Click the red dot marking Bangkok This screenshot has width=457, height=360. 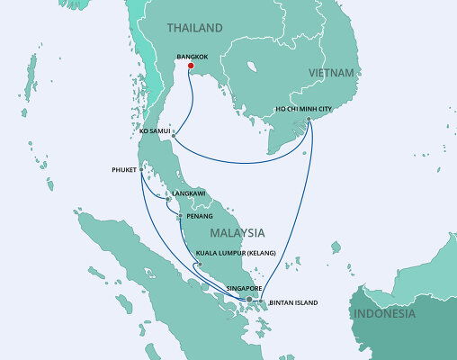point(190,65)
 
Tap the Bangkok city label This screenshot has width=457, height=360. point(194,56)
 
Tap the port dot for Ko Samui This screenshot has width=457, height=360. point(173,136)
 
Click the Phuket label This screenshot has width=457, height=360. point(124,167)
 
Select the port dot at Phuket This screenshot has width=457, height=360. point(141,168)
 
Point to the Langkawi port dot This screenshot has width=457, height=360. point(167,200)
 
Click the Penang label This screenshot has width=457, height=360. point(197,217)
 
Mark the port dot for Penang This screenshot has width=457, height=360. point(179,216)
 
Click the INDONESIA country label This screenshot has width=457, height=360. point(384,314)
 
